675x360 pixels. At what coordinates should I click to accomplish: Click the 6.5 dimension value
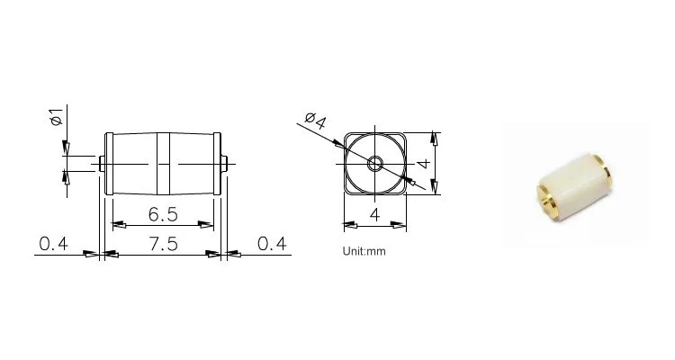click(x=163, y=214)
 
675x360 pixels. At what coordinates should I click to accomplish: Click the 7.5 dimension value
click(x=164, y=244)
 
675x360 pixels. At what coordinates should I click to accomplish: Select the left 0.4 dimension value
click(x=53, y=244)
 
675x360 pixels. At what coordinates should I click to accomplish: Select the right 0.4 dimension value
click(x=272, y=244)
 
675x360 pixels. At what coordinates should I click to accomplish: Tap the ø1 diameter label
click(x=57, y=117)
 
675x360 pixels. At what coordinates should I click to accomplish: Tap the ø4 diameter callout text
click(x=316, y=121)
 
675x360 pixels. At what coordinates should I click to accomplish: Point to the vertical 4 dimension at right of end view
click(x=424, y=164)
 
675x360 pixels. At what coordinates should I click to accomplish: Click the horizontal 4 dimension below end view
click(x=375, y=214)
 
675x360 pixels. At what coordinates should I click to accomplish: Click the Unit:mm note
click(x=364, y=251)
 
